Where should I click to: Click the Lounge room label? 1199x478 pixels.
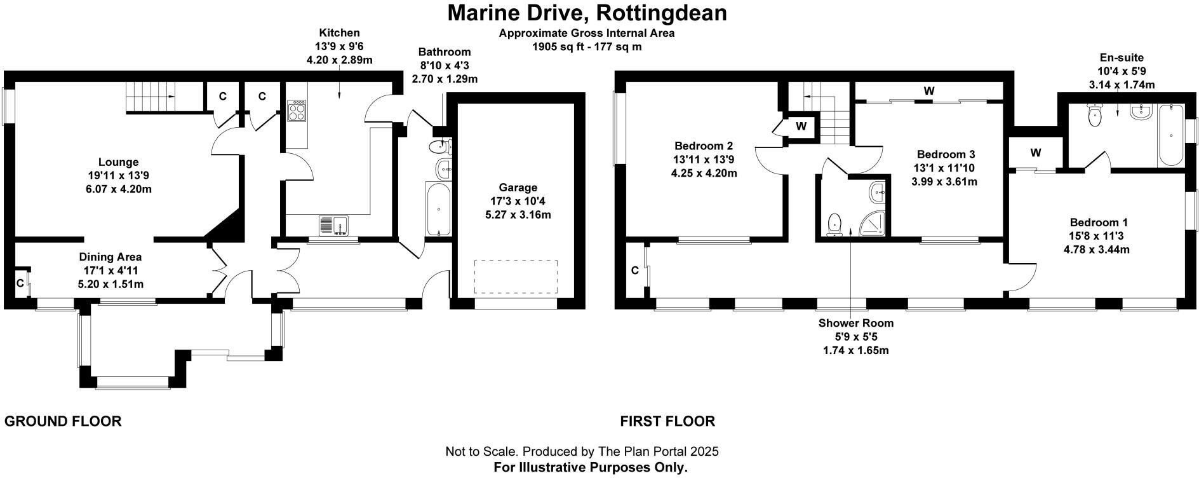point(118,162)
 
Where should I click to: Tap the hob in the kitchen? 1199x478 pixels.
point(297,111)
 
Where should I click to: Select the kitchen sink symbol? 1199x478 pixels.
point(332,225)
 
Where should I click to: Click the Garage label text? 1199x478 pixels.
point(518,188)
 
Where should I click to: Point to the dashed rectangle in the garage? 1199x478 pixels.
point(515,277)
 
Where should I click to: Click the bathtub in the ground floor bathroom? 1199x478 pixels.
point(438,208)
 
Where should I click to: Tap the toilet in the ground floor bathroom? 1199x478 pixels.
point(439,147)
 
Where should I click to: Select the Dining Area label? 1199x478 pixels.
point(110,257)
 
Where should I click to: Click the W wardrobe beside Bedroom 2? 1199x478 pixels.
point(801,126)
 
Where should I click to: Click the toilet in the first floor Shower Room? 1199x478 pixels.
point(835,223)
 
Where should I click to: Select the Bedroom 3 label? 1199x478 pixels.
point(946,154)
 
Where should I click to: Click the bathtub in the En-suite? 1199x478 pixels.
point(1170,135)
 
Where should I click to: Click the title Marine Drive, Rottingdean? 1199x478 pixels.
point(587,13)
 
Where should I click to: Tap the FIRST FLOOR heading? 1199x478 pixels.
point(667,421)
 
